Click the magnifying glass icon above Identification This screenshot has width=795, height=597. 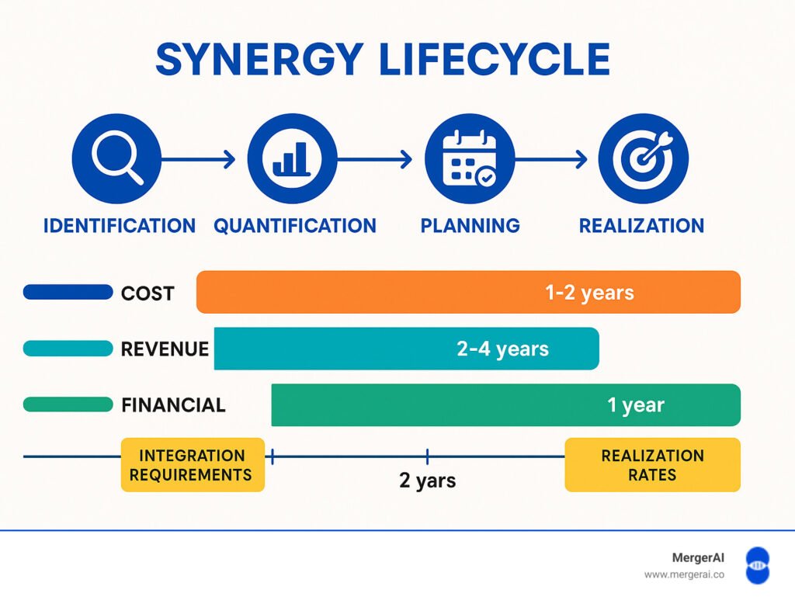(x=116, y=158)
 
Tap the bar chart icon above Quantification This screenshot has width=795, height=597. (x=292, y=158)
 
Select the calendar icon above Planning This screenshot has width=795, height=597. (x=470, y=158)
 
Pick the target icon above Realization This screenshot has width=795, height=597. (x=644, y=158)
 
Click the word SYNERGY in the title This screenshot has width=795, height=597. (x=259, y=59)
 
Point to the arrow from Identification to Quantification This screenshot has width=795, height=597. (x=198, y=159)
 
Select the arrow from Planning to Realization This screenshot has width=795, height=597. (x=551, y=159)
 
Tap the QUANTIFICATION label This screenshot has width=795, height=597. (x=295, y=225)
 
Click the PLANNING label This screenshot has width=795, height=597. (x=470, y=225)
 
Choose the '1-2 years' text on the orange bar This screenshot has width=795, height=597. (x=590, y=293)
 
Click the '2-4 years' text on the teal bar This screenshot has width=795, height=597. (x=503, y=349)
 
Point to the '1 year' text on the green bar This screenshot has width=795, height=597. (x=636, y=405)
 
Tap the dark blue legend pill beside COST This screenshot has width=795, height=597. (x=68, y=292)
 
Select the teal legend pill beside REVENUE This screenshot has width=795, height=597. (x=68, y=348)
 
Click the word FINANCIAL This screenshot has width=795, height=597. (x=173, y=405)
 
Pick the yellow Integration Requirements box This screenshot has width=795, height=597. (x=193, y=465)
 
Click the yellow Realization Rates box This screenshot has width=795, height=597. (x=652, y=465)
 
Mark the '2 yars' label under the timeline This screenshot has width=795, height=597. (x=428, y=480)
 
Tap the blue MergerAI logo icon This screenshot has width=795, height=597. (x=758, y=565)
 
